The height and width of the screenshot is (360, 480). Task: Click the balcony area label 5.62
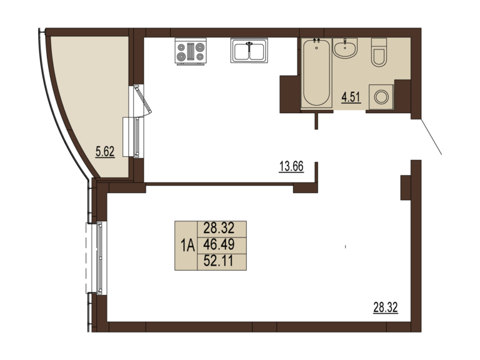point(105,151)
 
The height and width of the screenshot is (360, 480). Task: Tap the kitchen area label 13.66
point(291,166)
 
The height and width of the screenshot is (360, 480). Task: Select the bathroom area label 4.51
point(351,97)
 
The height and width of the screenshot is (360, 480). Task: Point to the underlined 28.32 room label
point(386,307)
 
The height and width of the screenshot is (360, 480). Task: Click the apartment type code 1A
point(187,245)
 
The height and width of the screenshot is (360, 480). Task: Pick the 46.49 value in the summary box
point(219,244)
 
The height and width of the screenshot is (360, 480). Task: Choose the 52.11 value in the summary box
point(219,261)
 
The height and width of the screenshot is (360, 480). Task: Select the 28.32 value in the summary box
point(219,228)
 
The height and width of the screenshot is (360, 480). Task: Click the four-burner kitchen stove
point(191,51)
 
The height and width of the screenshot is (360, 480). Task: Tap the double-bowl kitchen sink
point(249,51)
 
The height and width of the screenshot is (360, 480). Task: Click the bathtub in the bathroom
point(316,73)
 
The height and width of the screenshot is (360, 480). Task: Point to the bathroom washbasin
point(345,48)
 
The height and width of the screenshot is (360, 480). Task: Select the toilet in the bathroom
point(379,52)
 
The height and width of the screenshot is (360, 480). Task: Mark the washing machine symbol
point(381,97)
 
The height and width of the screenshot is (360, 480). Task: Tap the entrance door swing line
point(431,137)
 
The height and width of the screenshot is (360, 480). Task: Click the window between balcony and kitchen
point(137,136)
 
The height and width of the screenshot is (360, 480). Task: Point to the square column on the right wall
point(406,187)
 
